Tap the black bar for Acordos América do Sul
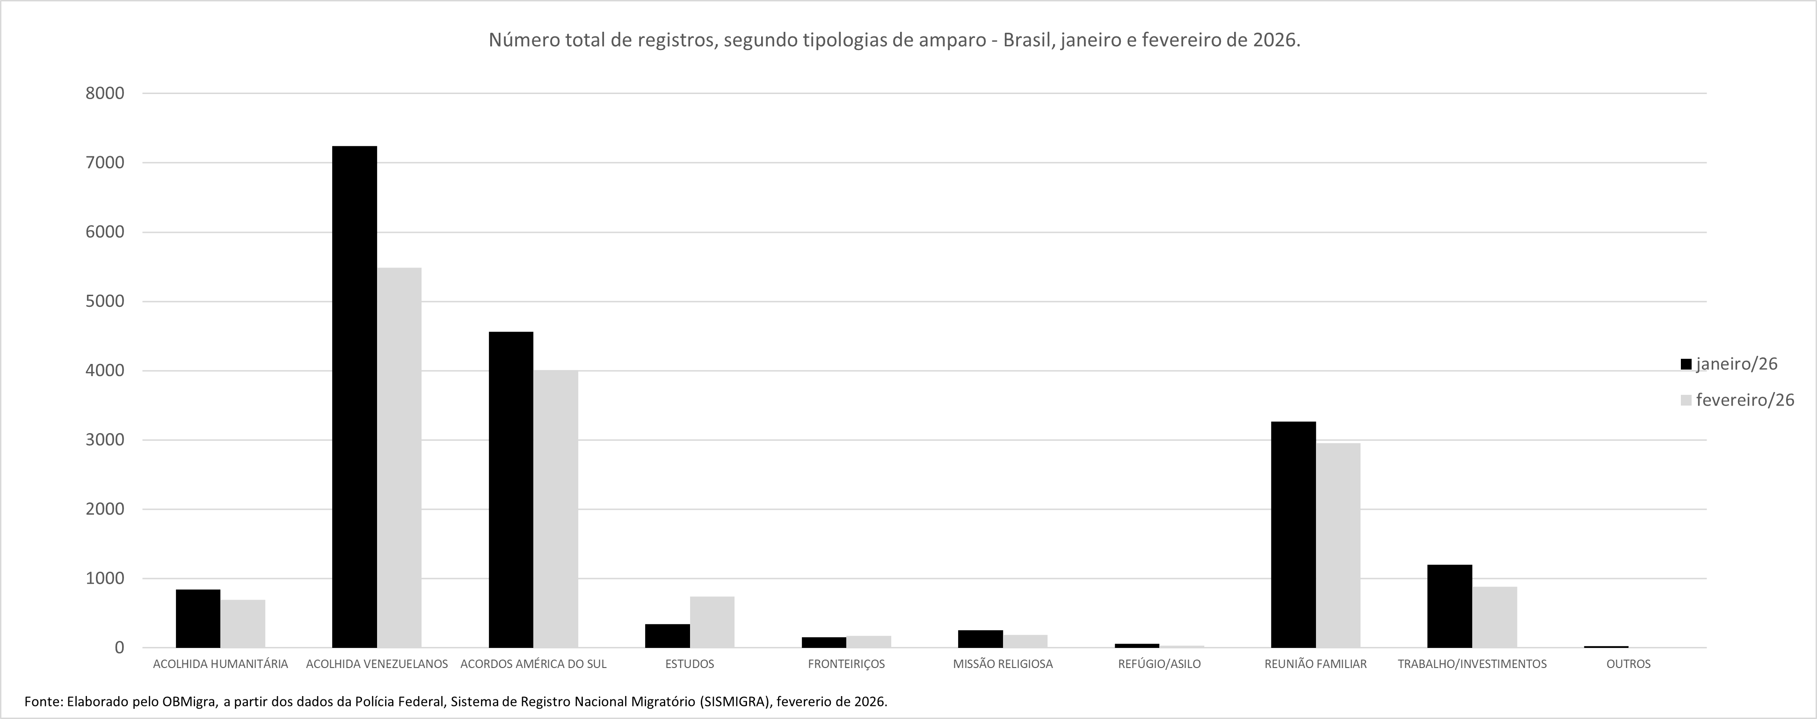click(511, 490)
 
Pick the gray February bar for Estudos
click(712, 622)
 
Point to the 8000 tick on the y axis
click(104, 93)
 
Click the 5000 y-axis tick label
click(104, 301)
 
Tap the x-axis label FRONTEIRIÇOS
click(846, 664)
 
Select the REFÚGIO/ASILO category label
click(1159, 664)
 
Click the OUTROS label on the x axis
click(1628, 664)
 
